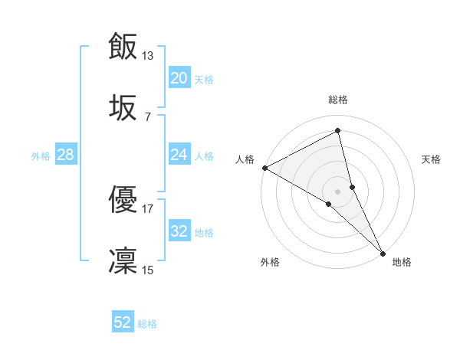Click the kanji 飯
(x=123, y=46)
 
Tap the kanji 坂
(x=123, y=108)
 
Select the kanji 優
(x=123, y=201)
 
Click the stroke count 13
(x=148, y=55)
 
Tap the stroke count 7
(x=148, y=116)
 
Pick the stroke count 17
(x=148, y=208)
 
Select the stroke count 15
(x=148, y=270)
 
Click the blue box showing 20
(x=179, y=78)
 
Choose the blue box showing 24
(x=179, y=155)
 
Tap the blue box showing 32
(x=179, y=231)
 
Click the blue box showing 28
(x=65, y=155)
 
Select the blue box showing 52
(x=123, y=322)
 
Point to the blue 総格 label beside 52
(x=147, y=324)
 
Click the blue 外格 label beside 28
(x=41, y=156)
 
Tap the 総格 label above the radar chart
(x=338, y=100)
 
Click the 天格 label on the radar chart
(x=431, y=159)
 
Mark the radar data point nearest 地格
(x=383, y=252)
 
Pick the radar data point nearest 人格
(x=264, y=168)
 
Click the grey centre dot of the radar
(x=338, y=191)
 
